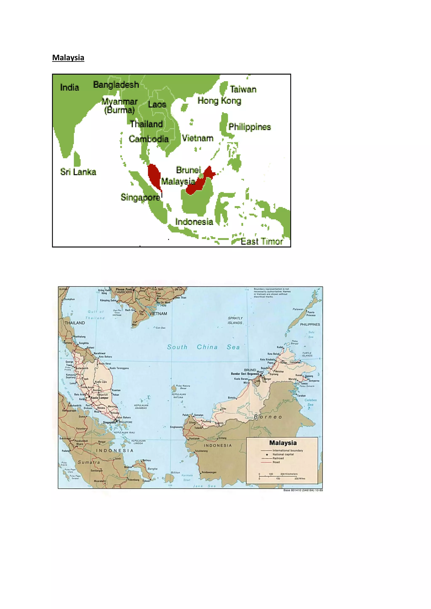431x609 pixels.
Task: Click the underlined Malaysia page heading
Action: click(x=68, y=58)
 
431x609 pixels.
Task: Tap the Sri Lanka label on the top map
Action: click(x=78, y=172)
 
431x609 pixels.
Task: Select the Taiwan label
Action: click(x=243, y=89)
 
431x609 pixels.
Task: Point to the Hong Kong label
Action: click(x=219, y=101)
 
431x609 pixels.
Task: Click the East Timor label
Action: click(x=261, y=241)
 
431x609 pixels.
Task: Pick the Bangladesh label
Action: click(x=116, y=85)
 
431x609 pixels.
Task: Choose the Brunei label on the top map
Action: click(x=188, y=170)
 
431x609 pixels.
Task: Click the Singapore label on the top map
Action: click(x=140, y=197)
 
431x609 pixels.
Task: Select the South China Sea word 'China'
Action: click(x=207, y=347)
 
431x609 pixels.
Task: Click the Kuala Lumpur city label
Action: click(x=100, y=398)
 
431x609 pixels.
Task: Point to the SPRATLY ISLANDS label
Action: click(x=235, y=320)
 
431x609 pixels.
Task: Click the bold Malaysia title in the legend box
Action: click(x=283, y=443)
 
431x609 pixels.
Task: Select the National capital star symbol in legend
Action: click(x=267, y=454)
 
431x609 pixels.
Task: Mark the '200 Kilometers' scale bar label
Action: click(x=289, y=474)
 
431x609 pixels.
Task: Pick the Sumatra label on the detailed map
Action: click(x=89, y=462)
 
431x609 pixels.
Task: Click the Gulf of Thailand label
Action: click(x=95, y=315)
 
